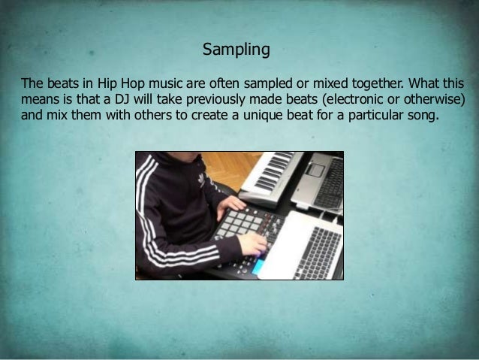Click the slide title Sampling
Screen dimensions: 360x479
coord(236,50)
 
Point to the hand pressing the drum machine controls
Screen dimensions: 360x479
coord(252,244)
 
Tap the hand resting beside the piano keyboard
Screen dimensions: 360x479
coord(230,204)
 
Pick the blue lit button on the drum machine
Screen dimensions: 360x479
coord(258,265)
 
